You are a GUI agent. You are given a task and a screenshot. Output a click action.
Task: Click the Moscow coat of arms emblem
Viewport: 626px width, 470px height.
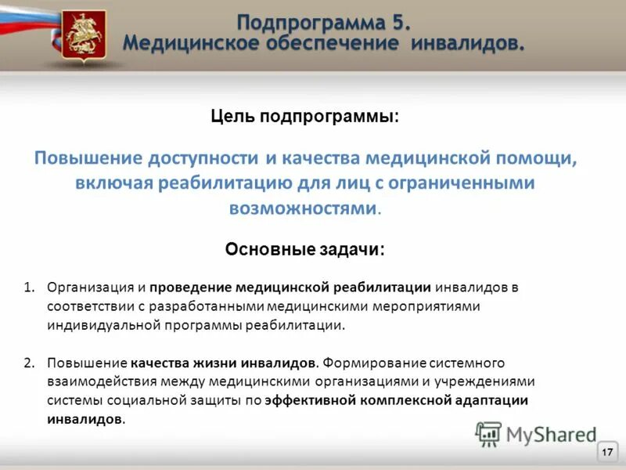point(80,34)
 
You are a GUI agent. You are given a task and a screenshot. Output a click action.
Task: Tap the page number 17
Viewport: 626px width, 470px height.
point(607,452)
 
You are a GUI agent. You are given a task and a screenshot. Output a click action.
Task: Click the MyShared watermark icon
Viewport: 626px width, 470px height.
point(488,433)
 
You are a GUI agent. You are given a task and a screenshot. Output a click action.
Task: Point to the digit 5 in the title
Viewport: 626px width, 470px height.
point(399,20)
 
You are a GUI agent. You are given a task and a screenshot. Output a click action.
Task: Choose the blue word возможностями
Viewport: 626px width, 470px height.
point(303,208)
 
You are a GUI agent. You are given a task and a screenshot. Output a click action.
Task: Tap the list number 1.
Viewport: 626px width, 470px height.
point(28,287)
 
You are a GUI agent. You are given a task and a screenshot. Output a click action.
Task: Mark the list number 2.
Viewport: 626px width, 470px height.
point(28,363)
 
